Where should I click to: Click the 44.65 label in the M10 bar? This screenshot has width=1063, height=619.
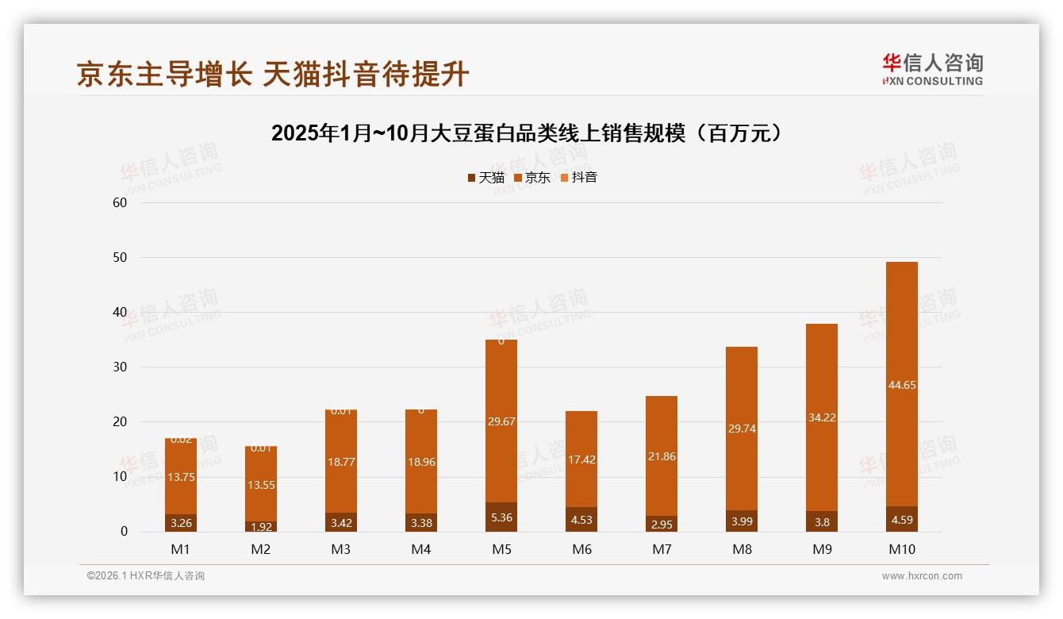(x=901, y=386)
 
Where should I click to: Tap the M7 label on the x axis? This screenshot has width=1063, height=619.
(x=662, y=549)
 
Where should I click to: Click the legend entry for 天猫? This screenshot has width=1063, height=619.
(x=485, y=178)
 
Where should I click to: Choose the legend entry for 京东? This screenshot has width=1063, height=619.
(x=532, y=178)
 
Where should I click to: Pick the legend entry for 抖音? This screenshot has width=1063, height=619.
(x=578, y=178)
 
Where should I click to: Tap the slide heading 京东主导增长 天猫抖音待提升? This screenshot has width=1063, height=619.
(x=274, y=74)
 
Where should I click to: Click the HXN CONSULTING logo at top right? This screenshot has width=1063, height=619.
(x=932, y=69)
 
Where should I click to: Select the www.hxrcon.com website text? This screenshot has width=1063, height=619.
(x=922, y=576)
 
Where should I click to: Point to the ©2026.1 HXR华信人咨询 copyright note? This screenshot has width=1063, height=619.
(x=146, y=576)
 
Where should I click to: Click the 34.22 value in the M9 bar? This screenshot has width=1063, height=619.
(x=821, y=417)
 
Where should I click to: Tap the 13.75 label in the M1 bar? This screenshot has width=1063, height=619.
(x=181, y=477)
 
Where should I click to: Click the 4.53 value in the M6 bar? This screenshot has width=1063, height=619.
(x=581, y=521)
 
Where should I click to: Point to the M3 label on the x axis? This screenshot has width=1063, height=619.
(x=341, y=549)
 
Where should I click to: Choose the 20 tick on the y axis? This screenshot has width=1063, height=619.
(x=120, y=422)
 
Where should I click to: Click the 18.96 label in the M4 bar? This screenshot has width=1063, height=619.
(x=421, y=462)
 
